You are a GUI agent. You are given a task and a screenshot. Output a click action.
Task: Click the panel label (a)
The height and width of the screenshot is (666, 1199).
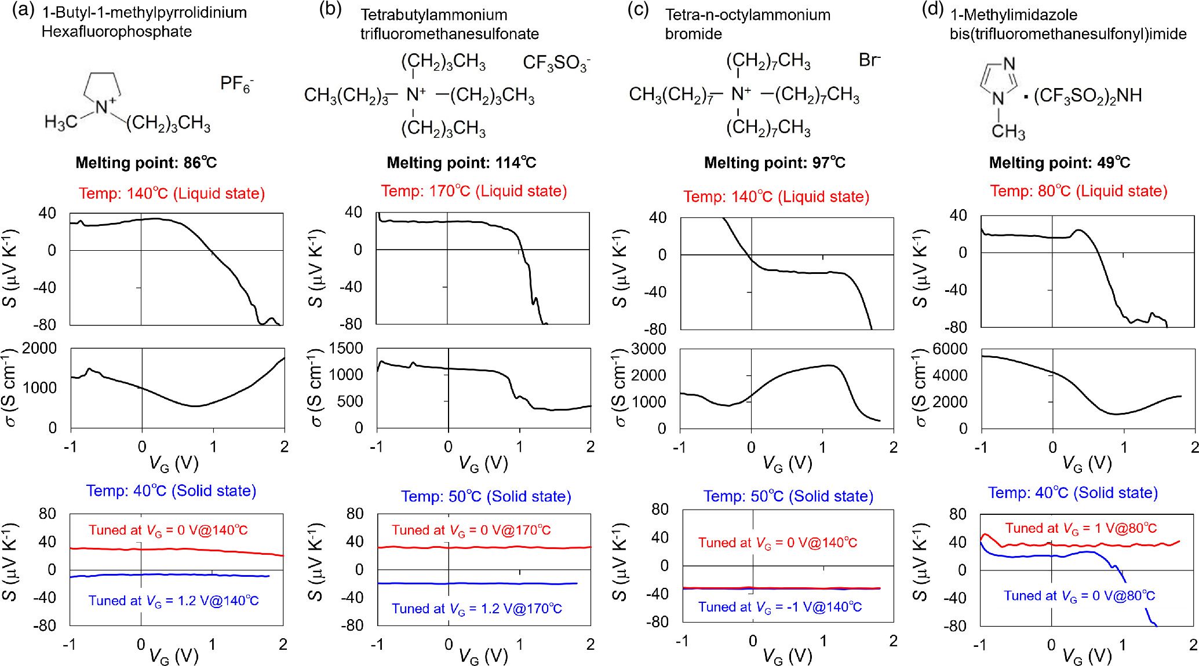click(23, 10)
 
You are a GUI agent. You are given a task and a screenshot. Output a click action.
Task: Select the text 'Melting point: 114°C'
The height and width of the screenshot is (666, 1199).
click(461, 163)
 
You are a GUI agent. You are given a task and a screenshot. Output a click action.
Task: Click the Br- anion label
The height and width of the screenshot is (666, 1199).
click(869, 60)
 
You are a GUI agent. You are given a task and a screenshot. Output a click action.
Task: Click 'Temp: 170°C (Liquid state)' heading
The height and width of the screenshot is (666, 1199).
click(473, 191)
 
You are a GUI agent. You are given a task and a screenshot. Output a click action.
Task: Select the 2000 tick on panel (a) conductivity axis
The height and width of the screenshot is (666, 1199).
click(39, 348)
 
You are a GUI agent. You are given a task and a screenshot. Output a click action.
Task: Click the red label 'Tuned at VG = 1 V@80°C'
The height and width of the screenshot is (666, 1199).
click(1081, 528)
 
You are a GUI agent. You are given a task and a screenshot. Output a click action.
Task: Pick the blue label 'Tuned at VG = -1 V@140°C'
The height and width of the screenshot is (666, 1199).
click(779, 607)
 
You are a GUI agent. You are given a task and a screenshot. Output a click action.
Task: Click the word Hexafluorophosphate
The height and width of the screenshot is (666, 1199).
click(116, 31)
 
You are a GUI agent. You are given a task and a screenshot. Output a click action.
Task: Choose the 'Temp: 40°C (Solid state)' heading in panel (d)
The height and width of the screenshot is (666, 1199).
click(1073, 493)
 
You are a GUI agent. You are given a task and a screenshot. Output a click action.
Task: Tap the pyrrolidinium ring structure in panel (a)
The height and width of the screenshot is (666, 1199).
click(103, 87)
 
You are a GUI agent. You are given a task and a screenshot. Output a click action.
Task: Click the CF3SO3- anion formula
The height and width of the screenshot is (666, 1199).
click(556, 63)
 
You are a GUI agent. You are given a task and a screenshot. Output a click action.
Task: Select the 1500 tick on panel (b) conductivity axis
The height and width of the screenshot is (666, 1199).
click(345, 348)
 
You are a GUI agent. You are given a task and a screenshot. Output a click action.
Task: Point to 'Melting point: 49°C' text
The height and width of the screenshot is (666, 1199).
click(1059, 163)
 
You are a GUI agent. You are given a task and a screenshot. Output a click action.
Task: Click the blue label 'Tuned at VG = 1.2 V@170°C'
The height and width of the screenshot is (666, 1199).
click(476, 609)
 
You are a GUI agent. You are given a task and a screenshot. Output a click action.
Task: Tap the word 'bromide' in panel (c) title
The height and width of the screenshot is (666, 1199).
click(693, 34)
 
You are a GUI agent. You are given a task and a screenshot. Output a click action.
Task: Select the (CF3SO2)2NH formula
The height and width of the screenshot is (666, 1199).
click(1087, 96)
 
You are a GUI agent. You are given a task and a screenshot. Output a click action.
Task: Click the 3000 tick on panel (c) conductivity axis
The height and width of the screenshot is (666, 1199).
click(648, 349)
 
